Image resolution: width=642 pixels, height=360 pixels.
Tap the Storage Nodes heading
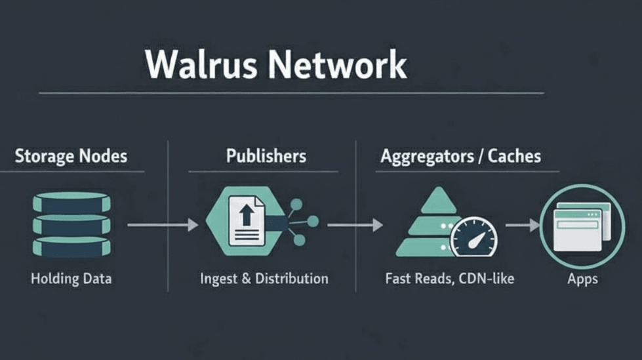(x=71, y=157)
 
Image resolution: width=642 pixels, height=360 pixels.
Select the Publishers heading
(x=266, y=156)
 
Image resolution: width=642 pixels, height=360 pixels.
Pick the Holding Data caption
(x=71, y=279)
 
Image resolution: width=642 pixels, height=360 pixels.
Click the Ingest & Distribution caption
(x=264, y=279)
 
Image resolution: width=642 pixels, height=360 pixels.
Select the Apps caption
(x=582, y=279)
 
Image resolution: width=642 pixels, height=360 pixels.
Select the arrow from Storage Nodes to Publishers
(x=162, y=225)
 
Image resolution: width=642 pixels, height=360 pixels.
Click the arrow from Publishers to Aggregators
(x=354, y=225)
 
